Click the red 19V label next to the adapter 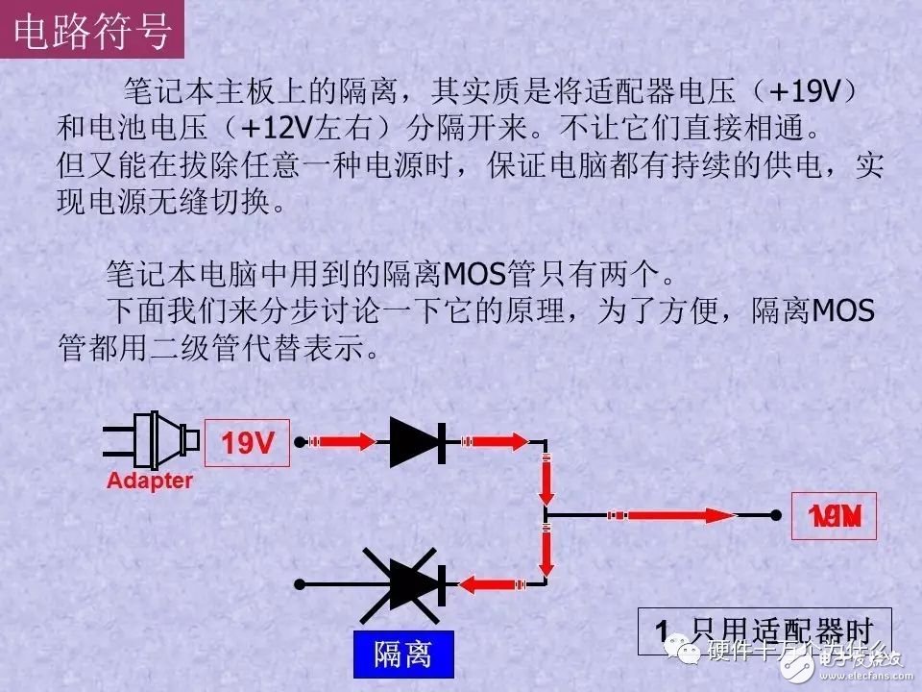pos(248,443)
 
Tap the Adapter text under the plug pos(150,481)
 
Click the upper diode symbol pos(418,442)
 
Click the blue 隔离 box pos(402,655)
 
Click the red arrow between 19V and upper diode pos(344,442)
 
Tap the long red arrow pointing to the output pos(672,516)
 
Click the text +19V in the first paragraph pos(805,92)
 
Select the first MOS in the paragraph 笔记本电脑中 pos(477,276)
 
